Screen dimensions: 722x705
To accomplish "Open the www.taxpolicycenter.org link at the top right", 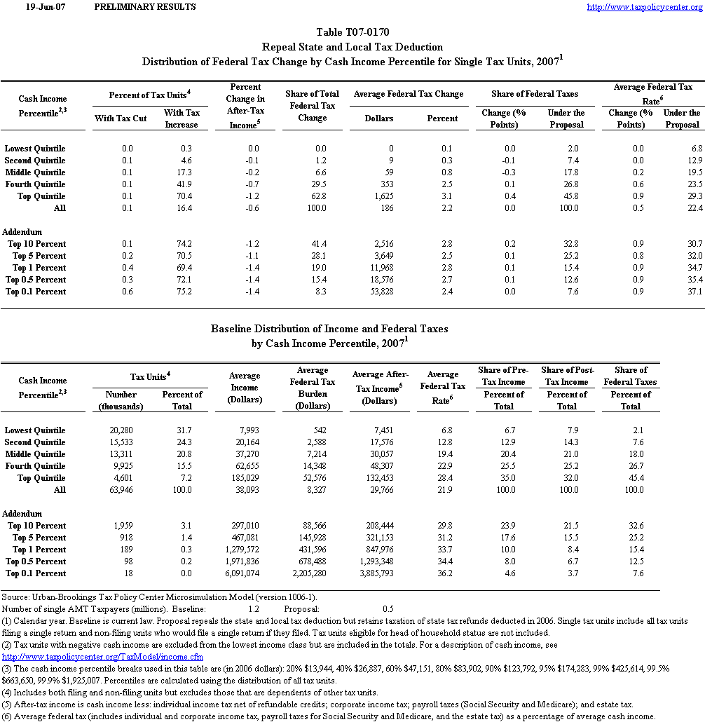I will point(644,7).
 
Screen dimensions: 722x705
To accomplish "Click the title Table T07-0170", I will point(352,32).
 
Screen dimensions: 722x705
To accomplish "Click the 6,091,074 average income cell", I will point(240,573).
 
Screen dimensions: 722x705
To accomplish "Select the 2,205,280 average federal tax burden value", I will point(308,573).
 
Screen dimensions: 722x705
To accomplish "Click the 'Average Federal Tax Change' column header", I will point(409,94).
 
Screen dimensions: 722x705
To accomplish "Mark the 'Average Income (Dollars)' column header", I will point(245,388).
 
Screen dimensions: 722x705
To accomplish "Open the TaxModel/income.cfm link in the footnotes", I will point(103,657).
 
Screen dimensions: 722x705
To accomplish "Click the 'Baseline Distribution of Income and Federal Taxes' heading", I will point(329,328).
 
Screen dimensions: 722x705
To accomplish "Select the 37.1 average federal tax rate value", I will point(694,292).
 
